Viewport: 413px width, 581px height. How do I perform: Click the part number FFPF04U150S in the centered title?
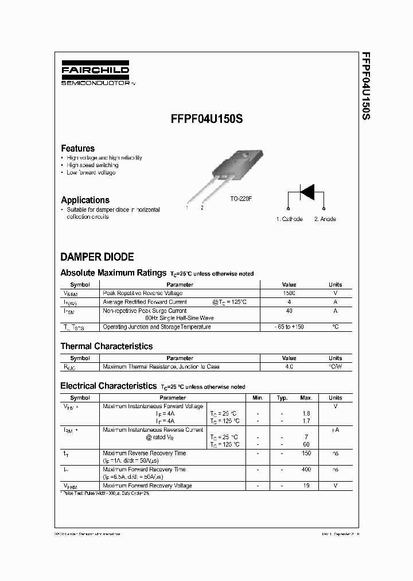click(206, 120)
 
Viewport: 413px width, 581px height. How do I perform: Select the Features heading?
click(77, 148)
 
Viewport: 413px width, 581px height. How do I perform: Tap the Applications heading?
click(85, 200)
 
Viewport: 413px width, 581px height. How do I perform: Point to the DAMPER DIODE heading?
click(97, 257)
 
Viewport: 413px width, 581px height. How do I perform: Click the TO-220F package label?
click(241, 199)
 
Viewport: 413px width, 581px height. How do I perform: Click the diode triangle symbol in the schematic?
click(307, 192)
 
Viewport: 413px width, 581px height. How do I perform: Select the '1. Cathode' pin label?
click(289, 219)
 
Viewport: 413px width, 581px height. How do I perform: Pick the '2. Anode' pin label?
click(325, 219)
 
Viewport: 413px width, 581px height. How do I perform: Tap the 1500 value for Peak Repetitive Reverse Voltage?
click(289, 293)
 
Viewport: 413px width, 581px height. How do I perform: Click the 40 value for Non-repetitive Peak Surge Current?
click(289, 311)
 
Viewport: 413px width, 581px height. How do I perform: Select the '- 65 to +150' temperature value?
click(289, 327)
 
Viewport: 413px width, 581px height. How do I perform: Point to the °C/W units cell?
click(335, 366)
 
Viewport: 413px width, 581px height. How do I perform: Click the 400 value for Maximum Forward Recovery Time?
click(306, 470)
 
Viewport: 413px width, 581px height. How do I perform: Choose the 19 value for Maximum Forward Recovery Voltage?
click(306, 486)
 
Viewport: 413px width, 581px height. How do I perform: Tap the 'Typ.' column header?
click(282, 397)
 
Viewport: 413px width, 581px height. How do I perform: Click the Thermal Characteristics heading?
click(107, 346)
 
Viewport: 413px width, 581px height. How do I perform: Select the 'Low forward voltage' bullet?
click(91, 173)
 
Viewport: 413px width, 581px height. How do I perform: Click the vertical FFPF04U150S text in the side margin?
click(365, 86)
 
